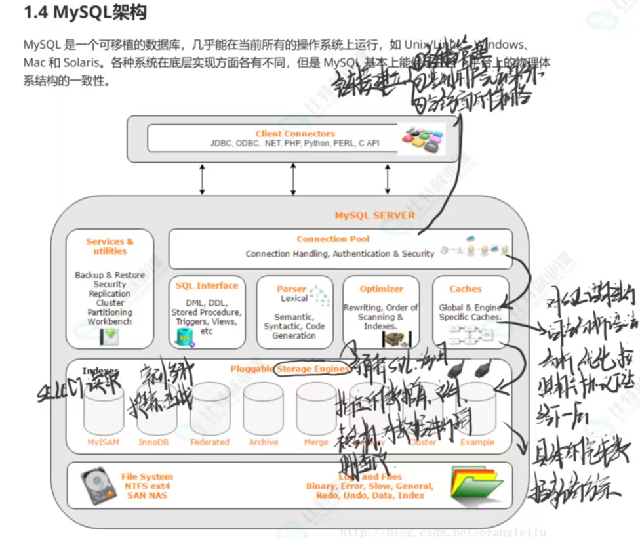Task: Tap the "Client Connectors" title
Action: [x=294, y=134]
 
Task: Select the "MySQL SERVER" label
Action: [x=374, y=215]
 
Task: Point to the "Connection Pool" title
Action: [x=332, y=239]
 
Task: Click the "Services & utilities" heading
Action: [x=110, y=246]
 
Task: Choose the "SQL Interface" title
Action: [x=207, y=286]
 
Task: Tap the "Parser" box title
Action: [x=291, y=289]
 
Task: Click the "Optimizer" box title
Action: [x=381, y=289]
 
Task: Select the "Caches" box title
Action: [x=466, y=289]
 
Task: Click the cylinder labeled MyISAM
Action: [x=104, y=410]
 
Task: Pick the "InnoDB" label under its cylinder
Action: [x=154, y=442]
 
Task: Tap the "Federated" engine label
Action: [x=210, y=442]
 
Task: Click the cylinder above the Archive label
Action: [x=263, y=410]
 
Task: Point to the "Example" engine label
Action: [x=477, y=442]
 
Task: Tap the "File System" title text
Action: [x=147, y=477]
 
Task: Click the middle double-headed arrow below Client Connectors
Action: [x=293, y=178]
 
